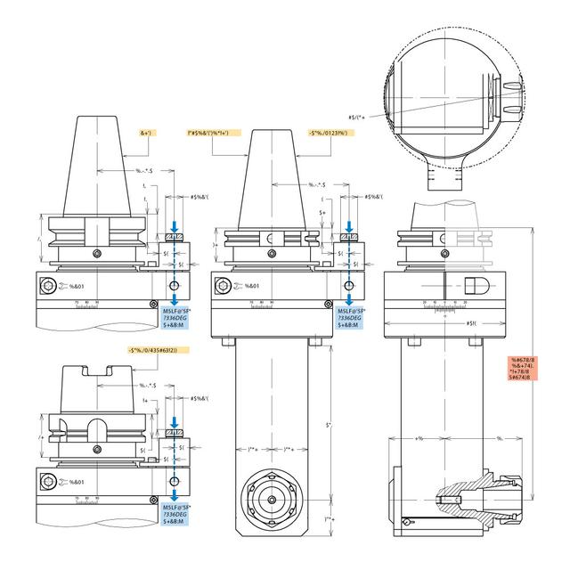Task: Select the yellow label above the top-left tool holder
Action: (x=147, y=133)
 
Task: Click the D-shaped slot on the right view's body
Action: (x=474, y=288)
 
